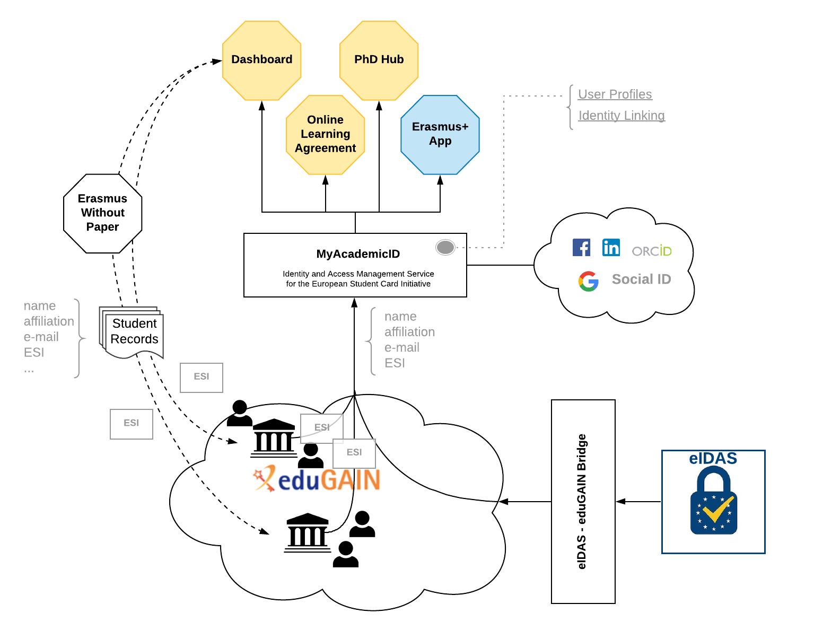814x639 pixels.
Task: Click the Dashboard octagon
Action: pyautogui.click(x=262, y=60)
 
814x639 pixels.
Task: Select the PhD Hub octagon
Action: pyautogui.click(x=379, y=60)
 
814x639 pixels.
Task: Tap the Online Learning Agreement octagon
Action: pyautogui.click(x=325, y=134)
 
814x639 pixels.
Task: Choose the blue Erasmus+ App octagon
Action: pyautogui.click(x=440, y=134)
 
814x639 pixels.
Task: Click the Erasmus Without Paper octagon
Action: pyautogui.click(x=102, y=213)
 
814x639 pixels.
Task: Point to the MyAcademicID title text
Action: pyautogui.click(x=358, y=254)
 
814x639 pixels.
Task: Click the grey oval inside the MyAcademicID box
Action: pyautogui.click(x=445, y=247)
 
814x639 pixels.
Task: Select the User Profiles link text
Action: pyautogui.click(x=615, y=94)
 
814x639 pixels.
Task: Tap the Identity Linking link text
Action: pyautogui.click(x=621, y=116)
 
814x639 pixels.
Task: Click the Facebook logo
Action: pyautogui.click(x=581, y=247)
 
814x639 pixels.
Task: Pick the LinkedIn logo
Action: pyautogui.click(x=611, y=247)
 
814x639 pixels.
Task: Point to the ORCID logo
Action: pyautogui.click(x=652, y=251)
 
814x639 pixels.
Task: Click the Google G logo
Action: pyautogui.click(x=588, y=281)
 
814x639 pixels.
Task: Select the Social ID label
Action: pyautogui.click(x=641, y=279)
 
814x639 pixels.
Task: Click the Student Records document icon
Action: pyautogui.click(x=133, y=332)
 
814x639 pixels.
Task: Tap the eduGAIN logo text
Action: pyautogui.click(x=317, y=479)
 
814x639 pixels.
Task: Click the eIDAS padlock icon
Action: pyautogui.click(x=713, y=501)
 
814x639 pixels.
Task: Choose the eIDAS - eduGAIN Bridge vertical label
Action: pyautogui.click(x=582, y=501)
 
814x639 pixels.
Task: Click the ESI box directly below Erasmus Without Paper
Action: pyautogui.click(x=131, y=424)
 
